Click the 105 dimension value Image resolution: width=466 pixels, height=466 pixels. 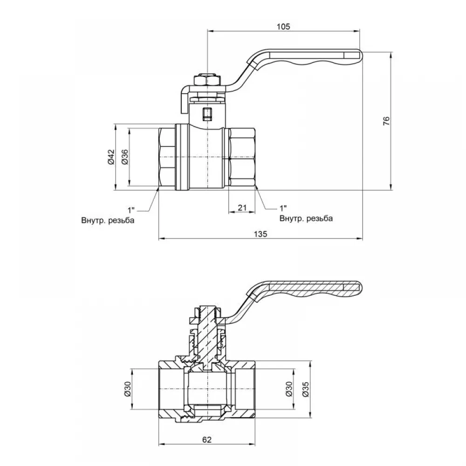283,27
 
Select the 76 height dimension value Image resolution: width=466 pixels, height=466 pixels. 386,121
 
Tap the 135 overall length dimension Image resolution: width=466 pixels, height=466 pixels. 260,234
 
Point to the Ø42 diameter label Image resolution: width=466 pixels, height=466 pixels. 110,157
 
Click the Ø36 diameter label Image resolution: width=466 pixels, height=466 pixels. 125,157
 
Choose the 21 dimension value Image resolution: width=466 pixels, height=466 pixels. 242,207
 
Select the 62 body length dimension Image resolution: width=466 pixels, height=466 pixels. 207,439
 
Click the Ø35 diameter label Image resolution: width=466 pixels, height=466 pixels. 306,389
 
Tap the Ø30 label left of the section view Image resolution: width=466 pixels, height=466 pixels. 127,389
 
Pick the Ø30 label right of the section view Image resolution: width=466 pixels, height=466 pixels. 288,389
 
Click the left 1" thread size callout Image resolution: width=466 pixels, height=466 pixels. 131,210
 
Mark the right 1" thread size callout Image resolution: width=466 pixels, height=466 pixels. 283,208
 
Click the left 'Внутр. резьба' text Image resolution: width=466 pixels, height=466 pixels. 108,220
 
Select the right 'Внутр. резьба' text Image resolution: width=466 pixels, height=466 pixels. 306,219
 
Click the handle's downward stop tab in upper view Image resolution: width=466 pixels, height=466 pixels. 185,101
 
